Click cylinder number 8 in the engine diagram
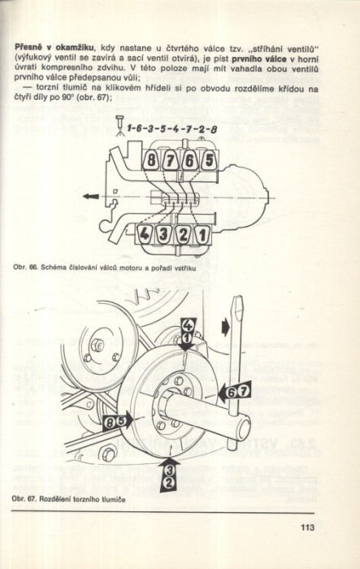pyautogui.click(x=150, y=160)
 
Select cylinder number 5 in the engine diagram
pyautogui.click(x=208, y=160)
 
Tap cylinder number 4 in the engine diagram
pyautogui.click(x=145, y=234)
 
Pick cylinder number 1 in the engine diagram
pyautogui.click(x=202, y=234)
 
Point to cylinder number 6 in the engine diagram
pyautogui.click(x=189, y=160)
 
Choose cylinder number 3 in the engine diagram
pyautogui.click(x=163, y=234)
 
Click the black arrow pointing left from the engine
pyautogui.click(x=91, y=197)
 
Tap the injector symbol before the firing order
pyautogui.click(x=119, y=125)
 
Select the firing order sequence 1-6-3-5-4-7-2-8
pyautogui.click(x=171, y=128)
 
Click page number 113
pyautogui.click(x=307, y=527)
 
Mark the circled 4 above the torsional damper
pyautogui.click(x=187, y=325)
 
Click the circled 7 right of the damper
pyautogui.click(x=245, y=392)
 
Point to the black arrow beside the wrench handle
pyautogui.click(x=225, y=328)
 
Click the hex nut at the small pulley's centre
pyautogui.click(x=97, y=345)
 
